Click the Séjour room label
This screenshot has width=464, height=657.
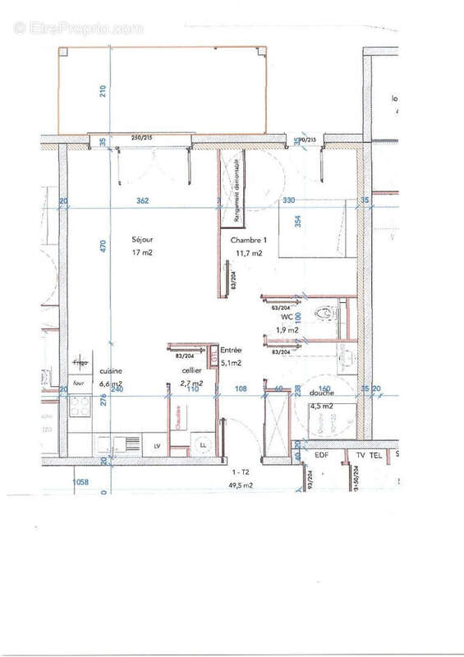click(143, 240)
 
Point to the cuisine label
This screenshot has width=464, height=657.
click(110, 370)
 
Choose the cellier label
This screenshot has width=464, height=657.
click(191, 370)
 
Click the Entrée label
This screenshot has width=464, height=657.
click(231, 350)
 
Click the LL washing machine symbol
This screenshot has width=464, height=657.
click(202, 444)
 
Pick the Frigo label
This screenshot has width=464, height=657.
click(80, 362)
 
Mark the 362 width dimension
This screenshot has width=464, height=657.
click(142, 200)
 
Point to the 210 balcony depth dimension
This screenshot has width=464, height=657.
click(103, 91)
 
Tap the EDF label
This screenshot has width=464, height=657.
click(322, 454)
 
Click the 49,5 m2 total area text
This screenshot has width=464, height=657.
click(241, 485)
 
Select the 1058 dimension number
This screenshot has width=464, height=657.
click(80, 482)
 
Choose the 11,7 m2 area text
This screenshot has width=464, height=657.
click(248, 253)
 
